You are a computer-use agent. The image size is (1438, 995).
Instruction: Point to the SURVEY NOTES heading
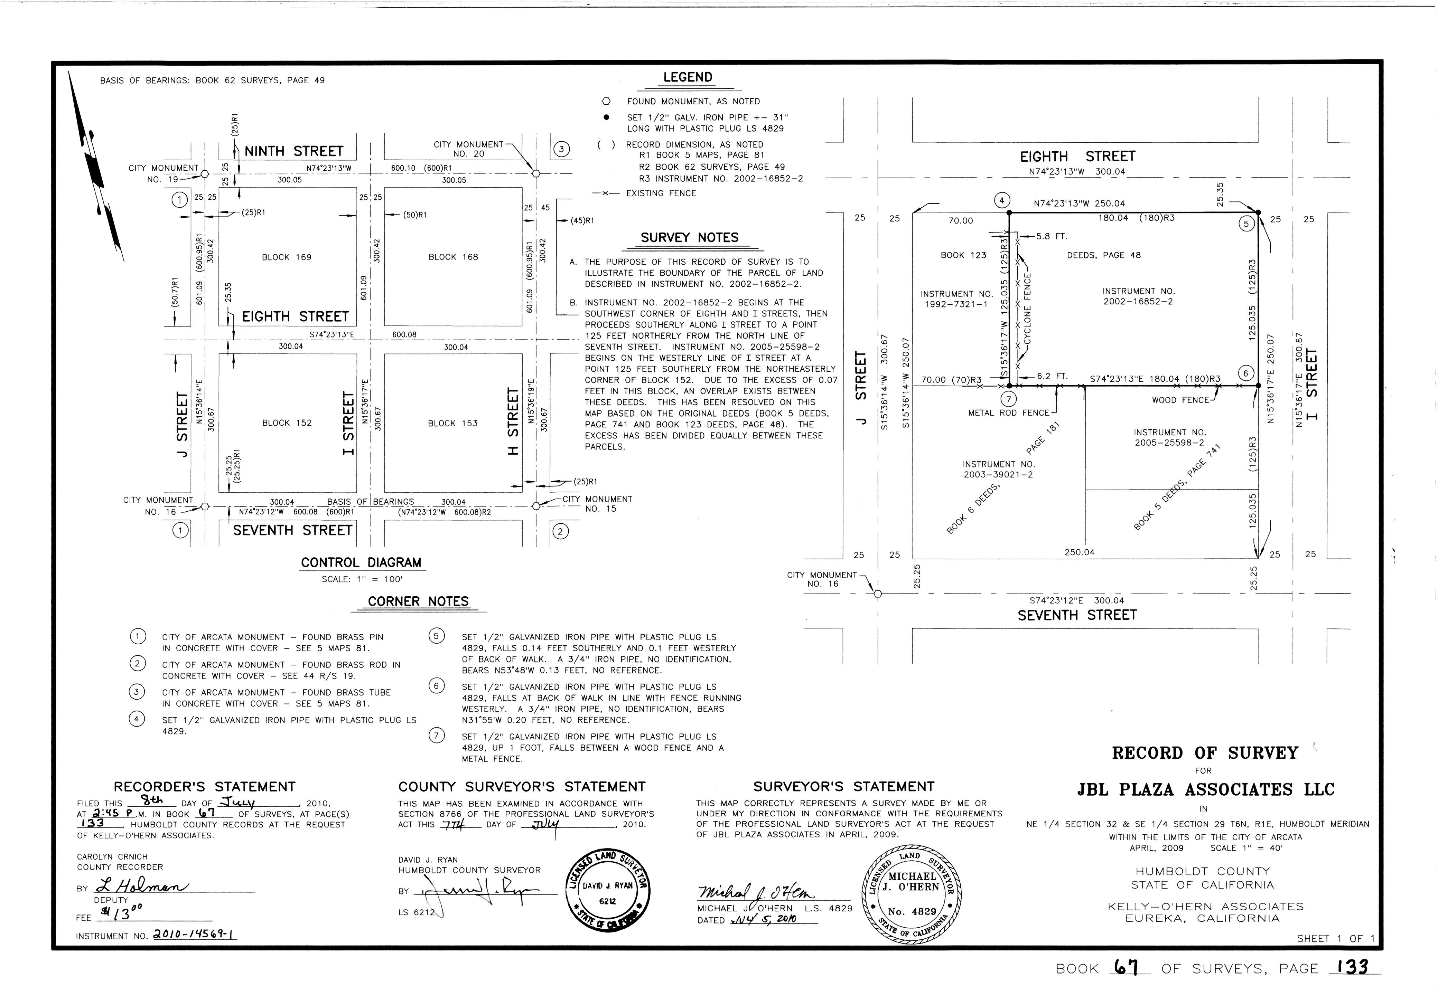(x=689, y=238)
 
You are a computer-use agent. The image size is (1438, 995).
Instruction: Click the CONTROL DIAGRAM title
(x=361, y=563)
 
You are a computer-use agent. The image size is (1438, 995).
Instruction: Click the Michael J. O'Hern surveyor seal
(x=912, y=893)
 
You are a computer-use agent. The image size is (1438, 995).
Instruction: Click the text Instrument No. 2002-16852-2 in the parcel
(x=1138, y=296)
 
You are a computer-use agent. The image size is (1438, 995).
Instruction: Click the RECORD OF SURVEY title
(x=1204, y=753)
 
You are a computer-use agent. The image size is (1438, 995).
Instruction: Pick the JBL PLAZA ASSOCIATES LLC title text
(x=1205, y=790)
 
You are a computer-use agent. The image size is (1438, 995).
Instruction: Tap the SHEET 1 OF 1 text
(x=1335, y=938)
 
